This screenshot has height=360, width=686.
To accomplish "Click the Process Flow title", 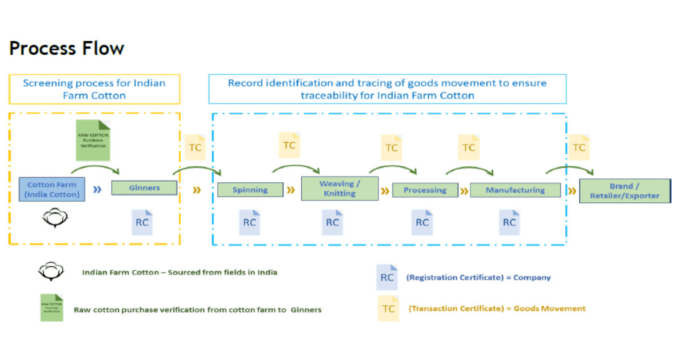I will (x=66, y=49).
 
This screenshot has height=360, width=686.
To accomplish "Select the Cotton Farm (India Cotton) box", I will (x=52, y=189).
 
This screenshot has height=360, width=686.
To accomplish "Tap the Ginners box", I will (x=144, y=187).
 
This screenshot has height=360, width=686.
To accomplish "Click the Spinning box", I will (x=250, y=190).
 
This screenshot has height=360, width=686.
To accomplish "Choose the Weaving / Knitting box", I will (x=340, y=189).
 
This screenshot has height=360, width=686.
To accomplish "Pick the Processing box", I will (x=425, y=190).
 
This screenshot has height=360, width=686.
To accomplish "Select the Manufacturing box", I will (x=515, y=190).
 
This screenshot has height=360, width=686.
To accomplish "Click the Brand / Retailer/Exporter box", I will (x=624, y=191).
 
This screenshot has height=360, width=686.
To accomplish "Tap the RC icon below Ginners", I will (x=142, y=222).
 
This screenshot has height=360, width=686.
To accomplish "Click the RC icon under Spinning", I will (x=249, y=222).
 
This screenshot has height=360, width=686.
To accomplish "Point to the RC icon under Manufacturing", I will (x=509, y=222).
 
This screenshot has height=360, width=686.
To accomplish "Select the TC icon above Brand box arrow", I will (x=579, y=147).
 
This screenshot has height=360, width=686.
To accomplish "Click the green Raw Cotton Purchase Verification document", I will (x=93, y=140).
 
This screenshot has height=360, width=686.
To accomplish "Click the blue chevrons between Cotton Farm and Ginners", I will (x=97, y=189).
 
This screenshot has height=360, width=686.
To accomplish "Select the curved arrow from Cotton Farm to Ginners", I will (x=94, y=168).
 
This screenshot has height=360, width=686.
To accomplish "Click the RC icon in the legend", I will (x=386, y=278).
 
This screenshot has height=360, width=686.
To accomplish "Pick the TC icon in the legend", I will (x=388, y=309).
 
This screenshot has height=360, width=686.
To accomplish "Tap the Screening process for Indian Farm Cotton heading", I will (x=94, y=89).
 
